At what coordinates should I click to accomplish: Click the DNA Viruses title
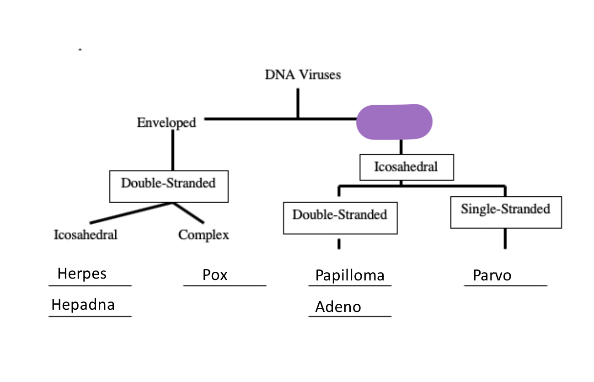click(303, 75)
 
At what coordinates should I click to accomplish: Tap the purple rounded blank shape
click(394, 122)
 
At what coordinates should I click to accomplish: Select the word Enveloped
click(166, 123)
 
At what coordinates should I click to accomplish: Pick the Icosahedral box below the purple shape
click(407, 167)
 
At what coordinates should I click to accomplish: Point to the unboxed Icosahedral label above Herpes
click(86, 235)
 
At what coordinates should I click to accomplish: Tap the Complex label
click(203, 235)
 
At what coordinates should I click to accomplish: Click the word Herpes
click(82, 274)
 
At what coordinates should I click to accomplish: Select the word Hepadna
click(83, 305)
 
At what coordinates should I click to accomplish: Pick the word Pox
click(215, 275)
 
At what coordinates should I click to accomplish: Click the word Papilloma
click(350, 275)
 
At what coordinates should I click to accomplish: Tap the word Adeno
click(338, 307)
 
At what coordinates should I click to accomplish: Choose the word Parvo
click(492, 275)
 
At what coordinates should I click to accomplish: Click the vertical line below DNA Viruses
click(298, 103)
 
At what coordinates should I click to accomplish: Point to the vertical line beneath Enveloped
click(173, 150)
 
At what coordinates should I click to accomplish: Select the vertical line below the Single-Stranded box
click(505, 238)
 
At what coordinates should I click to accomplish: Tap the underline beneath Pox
click(225, 286)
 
